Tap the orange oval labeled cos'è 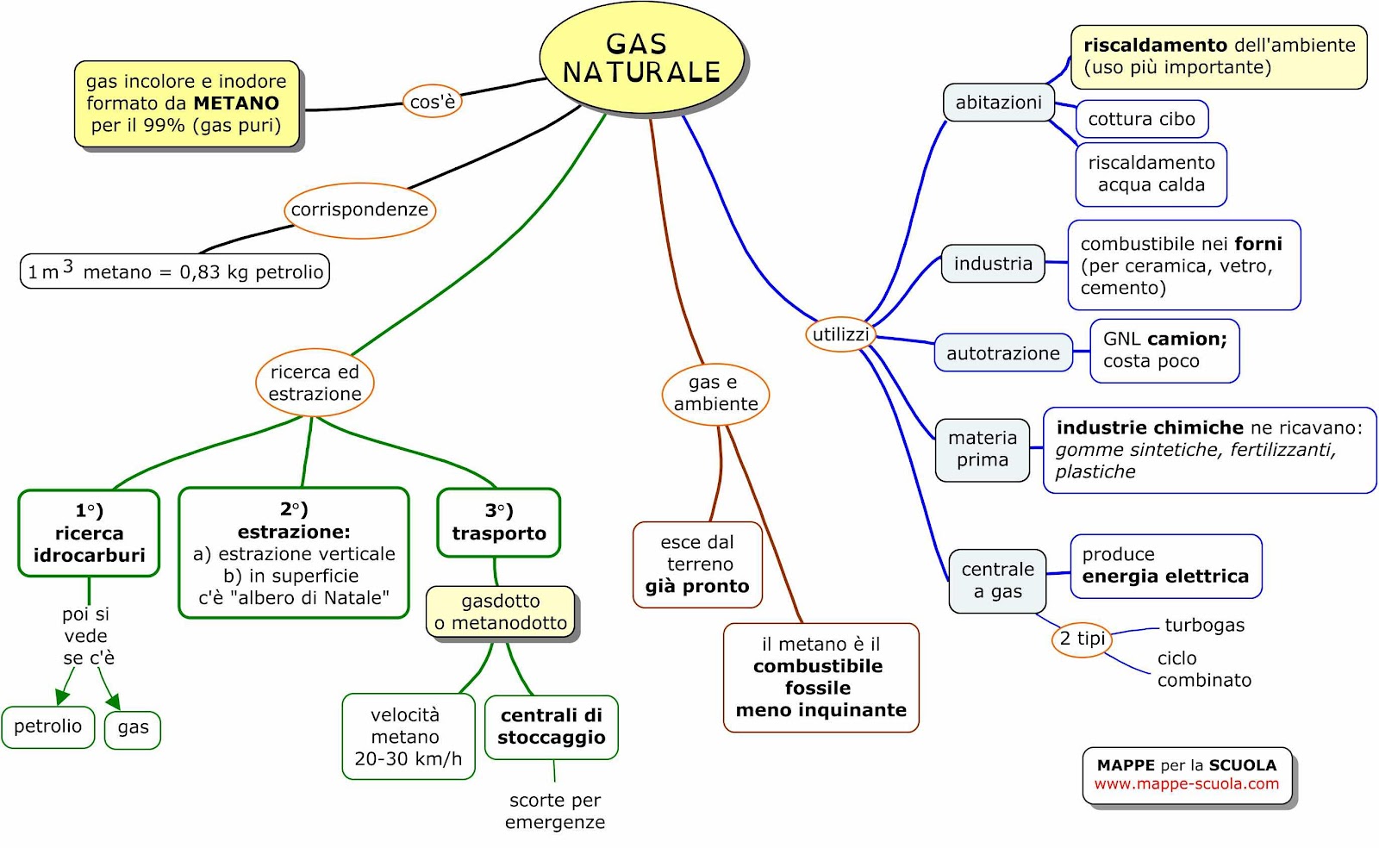[432, 101]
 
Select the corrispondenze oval [360, 210]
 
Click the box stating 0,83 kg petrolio [175, 271]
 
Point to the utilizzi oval [840, 334]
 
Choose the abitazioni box [999, 103]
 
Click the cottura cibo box [1142, 119]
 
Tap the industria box [993, 264]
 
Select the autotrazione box [1003, 352]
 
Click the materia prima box [983, 449]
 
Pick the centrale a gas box [997, 580]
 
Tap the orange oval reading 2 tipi [1082, 639]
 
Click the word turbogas [1205, 626]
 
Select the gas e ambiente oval [715, 393]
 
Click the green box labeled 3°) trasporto [499, 522]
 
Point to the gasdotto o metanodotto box [501, 612]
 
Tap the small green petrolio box [48, 726]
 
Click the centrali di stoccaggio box [552, 727]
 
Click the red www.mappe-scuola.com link [1186, 784]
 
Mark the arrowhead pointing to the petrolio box [61, 696]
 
